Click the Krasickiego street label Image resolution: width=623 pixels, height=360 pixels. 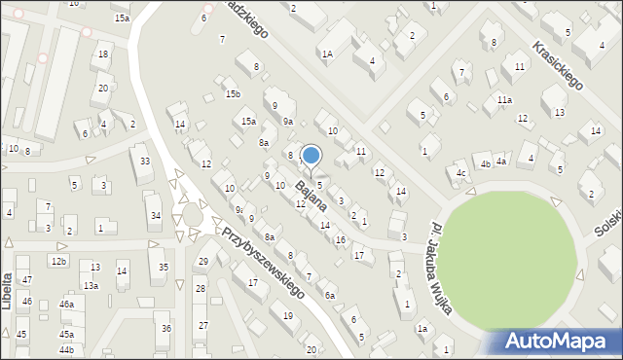(557, 65)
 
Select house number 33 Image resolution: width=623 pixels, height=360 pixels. (145, 161)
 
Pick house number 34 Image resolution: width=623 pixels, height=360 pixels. (154, 215)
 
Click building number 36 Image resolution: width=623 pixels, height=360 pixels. (165, 329)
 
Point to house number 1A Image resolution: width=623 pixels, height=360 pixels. (327, 55)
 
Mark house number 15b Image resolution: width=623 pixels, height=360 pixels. (233, 93)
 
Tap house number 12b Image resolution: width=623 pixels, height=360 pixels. (58, 262)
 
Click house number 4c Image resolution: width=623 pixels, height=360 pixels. (461, 174)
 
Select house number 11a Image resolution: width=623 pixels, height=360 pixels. (504, 99)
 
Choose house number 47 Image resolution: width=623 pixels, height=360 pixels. (27, 280)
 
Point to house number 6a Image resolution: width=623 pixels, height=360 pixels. (330, 295)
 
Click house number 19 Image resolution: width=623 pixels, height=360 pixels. (287, 315)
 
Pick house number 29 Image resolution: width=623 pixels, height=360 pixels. (203, 261)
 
